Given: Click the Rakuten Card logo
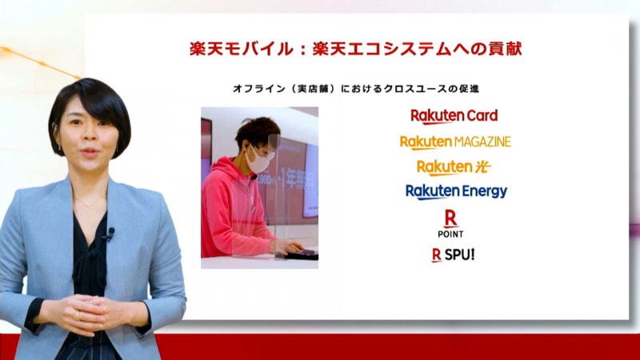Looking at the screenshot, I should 454,116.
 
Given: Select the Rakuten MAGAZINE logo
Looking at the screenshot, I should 455,142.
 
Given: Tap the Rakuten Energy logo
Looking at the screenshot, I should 456,191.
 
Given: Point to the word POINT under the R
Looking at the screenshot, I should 450,234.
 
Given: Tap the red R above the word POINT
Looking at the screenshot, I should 450,218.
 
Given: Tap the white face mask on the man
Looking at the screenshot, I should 258,160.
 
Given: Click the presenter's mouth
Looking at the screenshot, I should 87,150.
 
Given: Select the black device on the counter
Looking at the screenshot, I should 301,254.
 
